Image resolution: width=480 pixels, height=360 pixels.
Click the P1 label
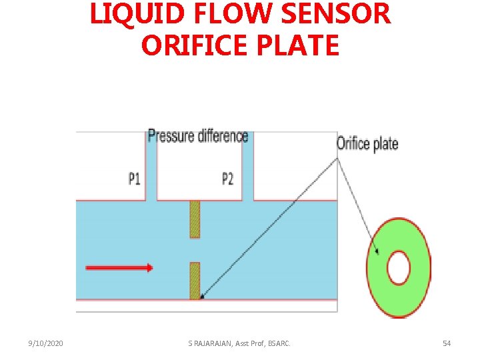pyautogui.click(x=135, y=179)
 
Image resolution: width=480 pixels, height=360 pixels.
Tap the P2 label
pyautogui.click(x=228, y=179)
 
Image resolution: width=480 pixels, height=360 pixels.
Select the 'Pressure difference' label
pyautogui.click(x=198, y=136)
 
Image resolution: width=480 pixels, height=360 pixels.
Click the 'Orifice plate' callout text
pyautogui.click(x=367, y=143)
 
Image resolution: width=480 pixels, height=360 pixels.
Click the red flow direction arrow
pyautogui.click(x=119, y=268)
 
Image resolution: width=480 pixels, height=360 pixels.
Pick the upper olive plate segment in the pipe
pyautogui.click(x=195, y=219)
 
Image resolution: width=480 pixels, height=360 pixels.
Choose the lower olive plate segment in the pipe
pyautogui.click(x=195, y=280)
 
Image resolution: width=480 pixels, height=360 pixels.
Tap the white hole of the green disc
pyautogui.click(x=399, y=268)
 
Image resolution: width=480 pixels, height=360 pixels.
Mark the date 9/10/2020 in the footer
pyautogui.click(x=46, y=343)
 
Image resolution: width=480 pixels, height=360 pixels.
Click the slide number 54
pyautogui.click(x=447, y=343)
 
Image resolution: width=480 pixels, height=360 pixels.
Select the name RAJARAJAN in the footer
pyautogui.click(x=216, y=343)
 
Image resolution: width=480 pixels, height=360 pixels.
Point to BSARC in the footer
pyautogui.click(x=277, y=343)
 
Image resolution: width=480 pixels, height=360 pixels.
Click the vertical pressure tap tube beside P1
pyautogui.click(x=151, y=167)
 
